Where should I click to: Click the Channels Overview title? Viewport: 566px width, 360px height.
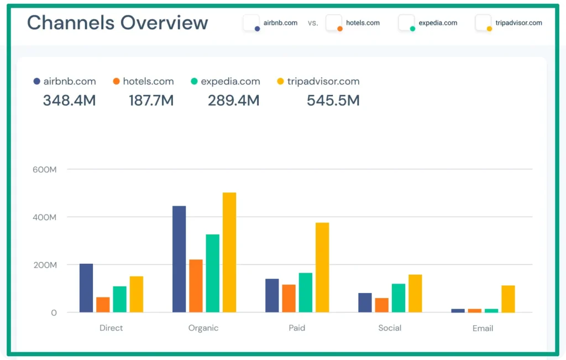tap(118, 23)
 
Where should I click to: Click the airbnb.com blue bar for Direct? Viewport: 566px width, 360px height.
tap(86, 288)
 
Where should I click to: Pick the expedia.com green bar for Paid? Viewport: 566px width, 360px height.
tap(306, 293)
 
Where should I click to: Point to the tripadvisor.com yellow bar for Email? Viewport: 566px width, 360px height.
tap(508, 299)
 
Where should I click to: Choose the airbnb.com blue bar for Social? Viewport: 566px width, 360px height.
tap(365, 302)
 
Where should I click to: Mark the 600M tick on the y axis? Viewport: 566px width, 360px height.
tap(45, 170)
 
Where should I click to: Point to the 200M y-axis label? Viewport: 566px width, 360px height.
tap(45, 265)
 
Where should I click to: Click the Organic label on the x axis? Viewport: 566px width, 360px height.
tap(203, 328)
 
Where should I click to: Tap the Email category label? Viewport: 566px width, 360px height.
tap(483, 328)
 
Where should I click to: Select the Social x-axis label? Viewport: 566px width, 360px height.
tap(390, 328)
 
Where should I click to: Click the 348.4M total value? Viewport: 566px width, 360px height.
tap(69, 101)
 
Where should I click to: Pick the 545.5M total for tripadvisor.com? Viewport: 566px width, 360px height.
tap(333, 101)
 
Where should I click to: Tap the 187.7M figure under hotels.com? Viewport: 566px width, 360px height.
tap(151, 101)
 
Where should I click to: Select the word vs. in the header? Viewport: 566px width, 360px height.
tap(313, 23)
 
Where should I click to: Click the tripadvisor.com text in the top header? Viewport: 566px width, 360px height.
tap(518, 23)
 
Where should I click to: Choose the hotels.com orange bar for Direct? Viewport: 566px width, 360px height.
tap(103, 305)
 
